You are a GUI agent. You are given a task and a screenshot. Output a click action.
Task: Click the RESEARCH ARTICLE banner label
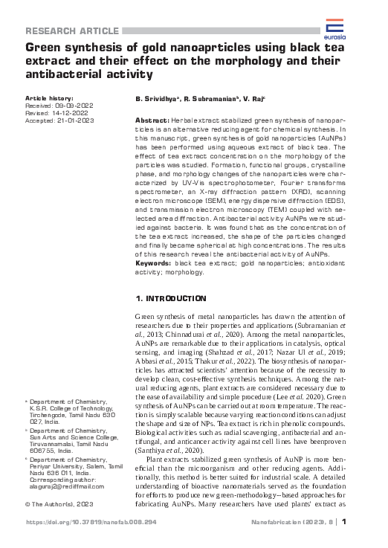(x=72, y=30)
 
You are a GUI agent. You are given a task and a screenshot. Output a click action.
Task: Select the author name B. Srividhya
(x=156, y=99)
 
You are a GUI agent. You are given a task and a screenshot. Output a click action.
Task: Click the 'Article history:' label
(x=49, y=98)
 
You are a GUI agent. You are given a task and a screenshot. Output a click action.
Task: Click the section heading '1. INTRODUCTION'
(x=170, y=298)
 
